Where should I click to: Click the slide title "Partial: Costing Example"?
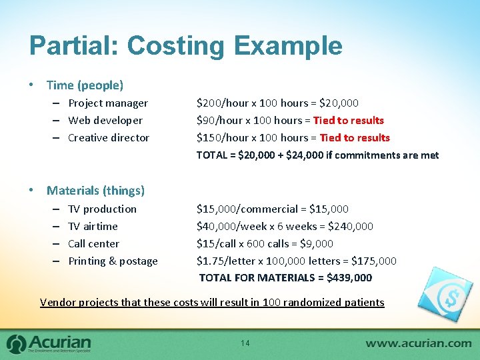pyautogui.click(x=185, y=46)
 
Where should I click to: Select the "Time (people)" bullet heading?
pyautogui.click(x=85, y=85)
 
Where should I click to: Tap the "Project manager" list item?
pyautogui.click(x=108, y=103)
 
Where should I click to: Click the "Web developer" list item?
pyautogui.click(x=105, y=121)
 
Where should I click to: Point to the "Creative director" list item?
pyautogui.click(x=109, y=138)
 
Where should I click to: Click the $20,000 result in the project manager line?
pyautogui.click(x=339, y=103)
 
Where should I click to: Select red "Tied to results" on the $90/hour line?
pyautogui.click(x=348, y=121)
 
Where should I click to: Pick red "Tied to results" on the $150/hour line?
pyautogui.click(x=355, y=138)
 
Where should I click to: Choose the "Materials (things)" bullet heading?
pyautogui.click(x=95, y=191)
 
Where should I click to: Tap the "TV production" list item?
pyautogui.click(x=102, y=209)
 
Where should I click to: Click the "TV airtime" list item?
pyautogui.click(x=93, y=227)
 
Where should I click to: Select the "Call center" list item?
pyautogui.click(x=93, y=244)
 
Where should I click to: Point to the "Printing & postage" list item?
pyautogui.click(x=113, y=261)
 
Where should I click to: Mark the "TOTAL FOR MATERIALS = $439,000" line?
pyautogui.click(x=285, y=278)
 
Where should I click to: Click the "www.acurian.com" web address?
pyautogui.click(x=418, y=343)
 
